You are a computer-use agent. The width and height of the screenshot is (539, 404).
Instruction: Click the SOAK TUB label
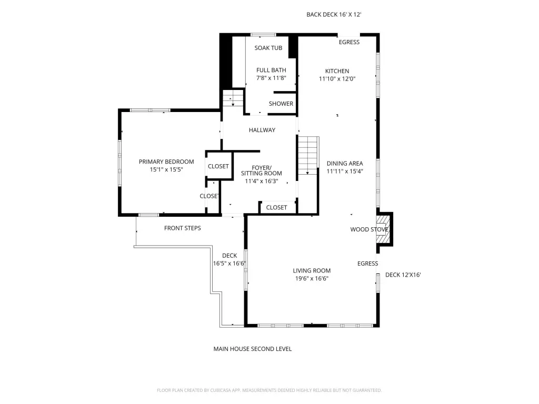tap(268, 48)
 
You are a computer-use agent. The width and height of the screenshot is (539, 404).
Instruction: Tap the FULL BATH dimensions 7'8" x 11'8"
tap(271, 78)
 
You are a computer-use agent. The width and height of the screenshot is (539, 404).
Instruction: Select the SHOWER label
tap(281, 104)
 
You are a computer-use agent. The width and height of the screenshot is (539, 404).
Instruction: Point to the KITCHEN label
tap(337, 71)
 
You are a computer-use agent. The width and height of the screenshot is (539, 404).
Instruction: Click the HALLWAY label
tap(262, 130)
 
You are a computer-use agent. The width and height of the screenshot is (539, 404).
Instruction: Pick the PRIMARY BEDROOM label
tap(166, 161)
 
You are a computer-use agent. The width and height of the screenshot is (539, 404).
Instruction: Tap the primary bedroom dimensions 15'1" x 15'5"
tap(166, 169)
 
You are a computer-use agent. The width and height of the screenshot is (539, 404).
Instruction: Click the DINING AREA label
tap(345, 164)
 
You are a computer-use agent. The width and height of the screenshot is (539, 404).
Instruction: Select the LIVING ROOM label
tap(312, 271)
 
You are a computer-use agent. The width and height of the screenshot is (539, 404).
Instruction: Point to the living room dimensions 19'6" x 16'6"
tap(312, 279)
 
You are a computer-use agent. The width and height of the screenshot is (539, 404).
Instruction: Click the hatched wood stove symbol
tap(383, 229)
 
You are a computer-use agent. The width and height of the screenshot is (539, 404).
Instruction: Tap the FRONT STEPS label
tap(183, 228)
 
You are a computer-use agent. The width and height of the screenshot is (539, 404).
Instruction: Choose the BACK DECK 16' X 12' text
tap(334, 14)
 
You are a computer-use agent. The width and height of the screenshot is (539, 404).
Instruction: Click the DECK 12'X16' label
tap(403, 275)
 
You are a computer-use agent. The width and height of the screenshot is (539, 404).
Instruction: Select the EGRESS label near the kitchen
tap(350, 42)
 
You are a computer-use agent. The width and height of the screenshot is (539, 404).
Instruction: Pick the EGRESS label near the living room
tap(367, 264)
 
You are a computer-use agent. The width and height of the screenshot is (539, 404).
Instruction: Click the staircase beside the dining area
tap(308, 155)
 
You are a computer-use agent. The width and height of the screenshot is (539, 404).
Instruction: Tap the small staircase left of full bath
tap(233, 98)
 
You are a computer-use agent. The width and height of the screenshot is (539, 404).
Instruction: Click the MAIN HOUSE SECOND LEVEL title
tap(253, 349)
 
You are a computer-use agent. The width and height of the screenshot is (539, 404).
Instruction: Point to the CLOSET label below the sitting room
tap(276, 207)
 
